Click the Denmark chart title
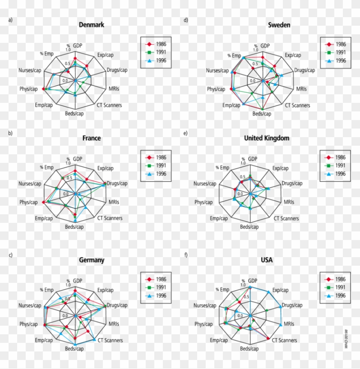[x=91, y=25]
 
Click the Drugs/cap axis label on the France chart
[x=117, y=183]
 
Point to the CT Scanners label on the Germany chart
[x=110, y=341]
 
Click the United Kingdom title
[x=267, y=138]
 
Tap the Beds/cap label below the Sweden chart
[x=261, y=114]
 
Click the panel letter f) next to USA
[x=186, y=255]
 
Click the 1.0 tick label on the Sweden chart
[x=255, y=50]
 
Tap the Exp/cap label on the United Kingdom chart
[x=281, y=168]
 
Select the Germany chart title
[x=91, y=260]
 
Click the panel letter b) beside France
[x=10, y=133]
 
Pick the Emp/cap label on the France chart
[x=44, y=219]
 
